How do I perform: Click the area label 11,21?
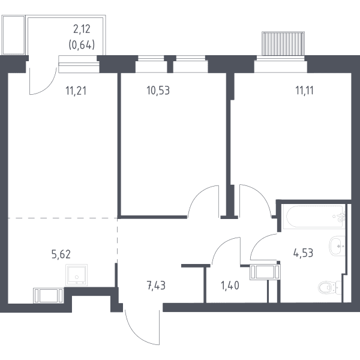(76, 91)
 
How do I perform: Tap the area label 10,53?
(158, 91)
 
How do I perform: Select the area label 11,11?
(304, 91)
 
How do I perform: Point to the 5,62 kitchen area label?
(61, 254)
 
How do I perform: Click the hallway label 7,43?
(156, 286)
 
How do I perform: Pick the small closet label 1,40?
(230, 286)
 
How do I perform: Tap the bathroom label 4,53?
(303, 253)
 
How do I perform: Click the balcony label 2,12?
(82, 29)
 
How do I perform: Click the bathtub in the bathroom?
(314, 217)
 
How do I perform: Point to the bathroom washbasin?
(337, 245)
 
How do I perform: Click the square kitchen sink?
(76, 275)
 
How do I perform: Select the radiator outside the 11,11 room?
(283, 44)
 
